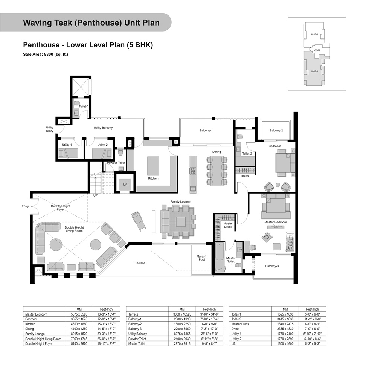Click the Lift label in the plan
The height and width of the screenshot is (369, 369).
[125, 184]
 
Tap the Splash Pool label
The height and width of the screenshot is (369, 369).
[202, 258]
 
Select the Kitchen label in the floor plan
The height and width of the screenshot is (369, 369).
[153, 178]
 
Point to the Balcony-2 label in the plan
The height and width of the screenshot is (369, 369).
[276, 130]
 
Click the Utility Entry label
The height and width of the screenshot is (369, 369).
[50, 129]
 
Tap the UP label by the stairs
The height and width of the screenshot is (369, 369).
[95, 195]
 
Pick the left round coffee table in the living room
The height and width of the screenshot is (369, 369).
[56, 245]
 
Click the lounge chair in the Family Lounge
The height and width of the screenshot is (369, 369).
[139, 221]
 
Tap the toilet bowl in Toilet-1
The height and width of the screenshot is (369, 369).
[77, 103]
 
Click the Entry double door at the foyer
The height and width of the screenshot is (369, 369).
[35, 206]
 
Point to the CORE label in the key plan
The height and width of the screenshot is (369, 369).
[317, 50]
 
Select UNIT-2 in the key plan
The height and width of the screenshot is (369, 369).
[314, 72]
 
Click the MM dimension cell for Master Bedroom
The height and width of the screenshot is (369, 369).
[79, 314]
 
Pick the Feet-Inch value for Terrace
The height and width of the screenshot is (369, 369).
[209, 314]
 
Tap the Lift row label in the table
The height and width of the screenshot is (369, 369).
[233, 343]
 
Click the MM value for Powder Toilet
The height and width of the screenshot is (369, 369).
[182, 339]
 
